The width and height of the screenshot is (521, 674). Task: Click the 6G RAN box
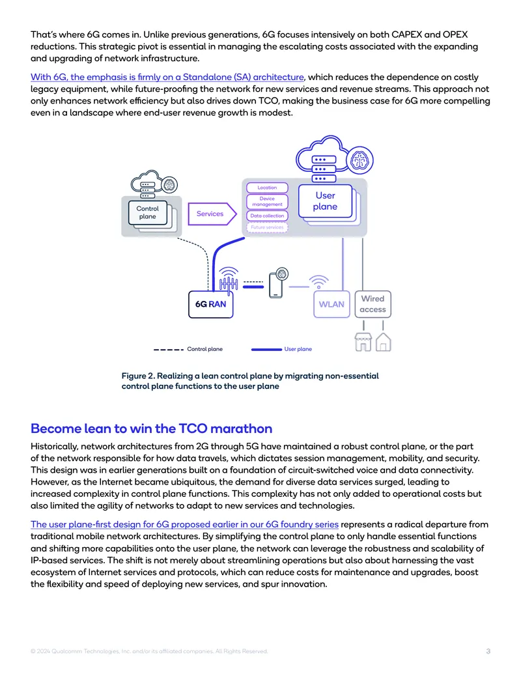click(x=210, y=304)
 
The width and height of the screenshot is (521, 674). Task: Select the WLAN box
click(x=331, y=304)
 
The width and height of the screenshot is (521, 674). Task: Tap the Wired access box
click(x=373, y=304)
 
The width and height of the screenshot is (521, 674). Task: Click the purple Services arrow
click(x=212, y=214)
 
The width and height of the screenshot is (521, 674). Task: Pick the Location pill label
click(x=267, y=188)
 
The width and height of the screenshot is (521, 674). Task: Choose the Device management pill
click(x=267, y=202)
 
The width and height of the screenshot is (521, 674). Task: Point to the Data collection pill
click(x=267, y=216)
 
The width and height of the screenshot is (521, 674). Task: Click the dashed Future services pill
click(x=267, y=227)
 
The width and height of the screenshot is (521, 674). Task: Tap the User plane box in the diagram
click(x=325, y=201)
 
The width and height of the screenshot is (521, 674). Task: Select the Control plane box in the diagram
click(x=147, y=213)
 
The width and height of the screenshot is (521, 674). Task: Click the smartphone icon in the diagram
click(x=276, y=285)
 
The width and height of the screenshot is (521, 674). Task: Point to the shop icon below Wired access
click(x=363, y=343)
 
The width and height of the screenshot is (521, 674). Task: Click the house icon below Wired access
click(x=384, y=343)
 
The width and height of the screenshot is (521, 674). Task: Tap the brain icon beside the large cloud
click(x=359, y=161)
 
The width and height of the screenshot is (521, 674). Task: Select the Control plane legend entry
click(x=188, y=350)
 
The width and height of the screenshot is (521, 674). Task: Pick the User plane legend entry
click(x=281, y=350)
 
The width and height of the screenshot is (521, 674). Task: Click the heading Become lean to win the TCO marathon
click(x=151, y=428)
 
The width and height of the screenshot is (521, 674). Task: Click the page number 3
click(x=488, y=651)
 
